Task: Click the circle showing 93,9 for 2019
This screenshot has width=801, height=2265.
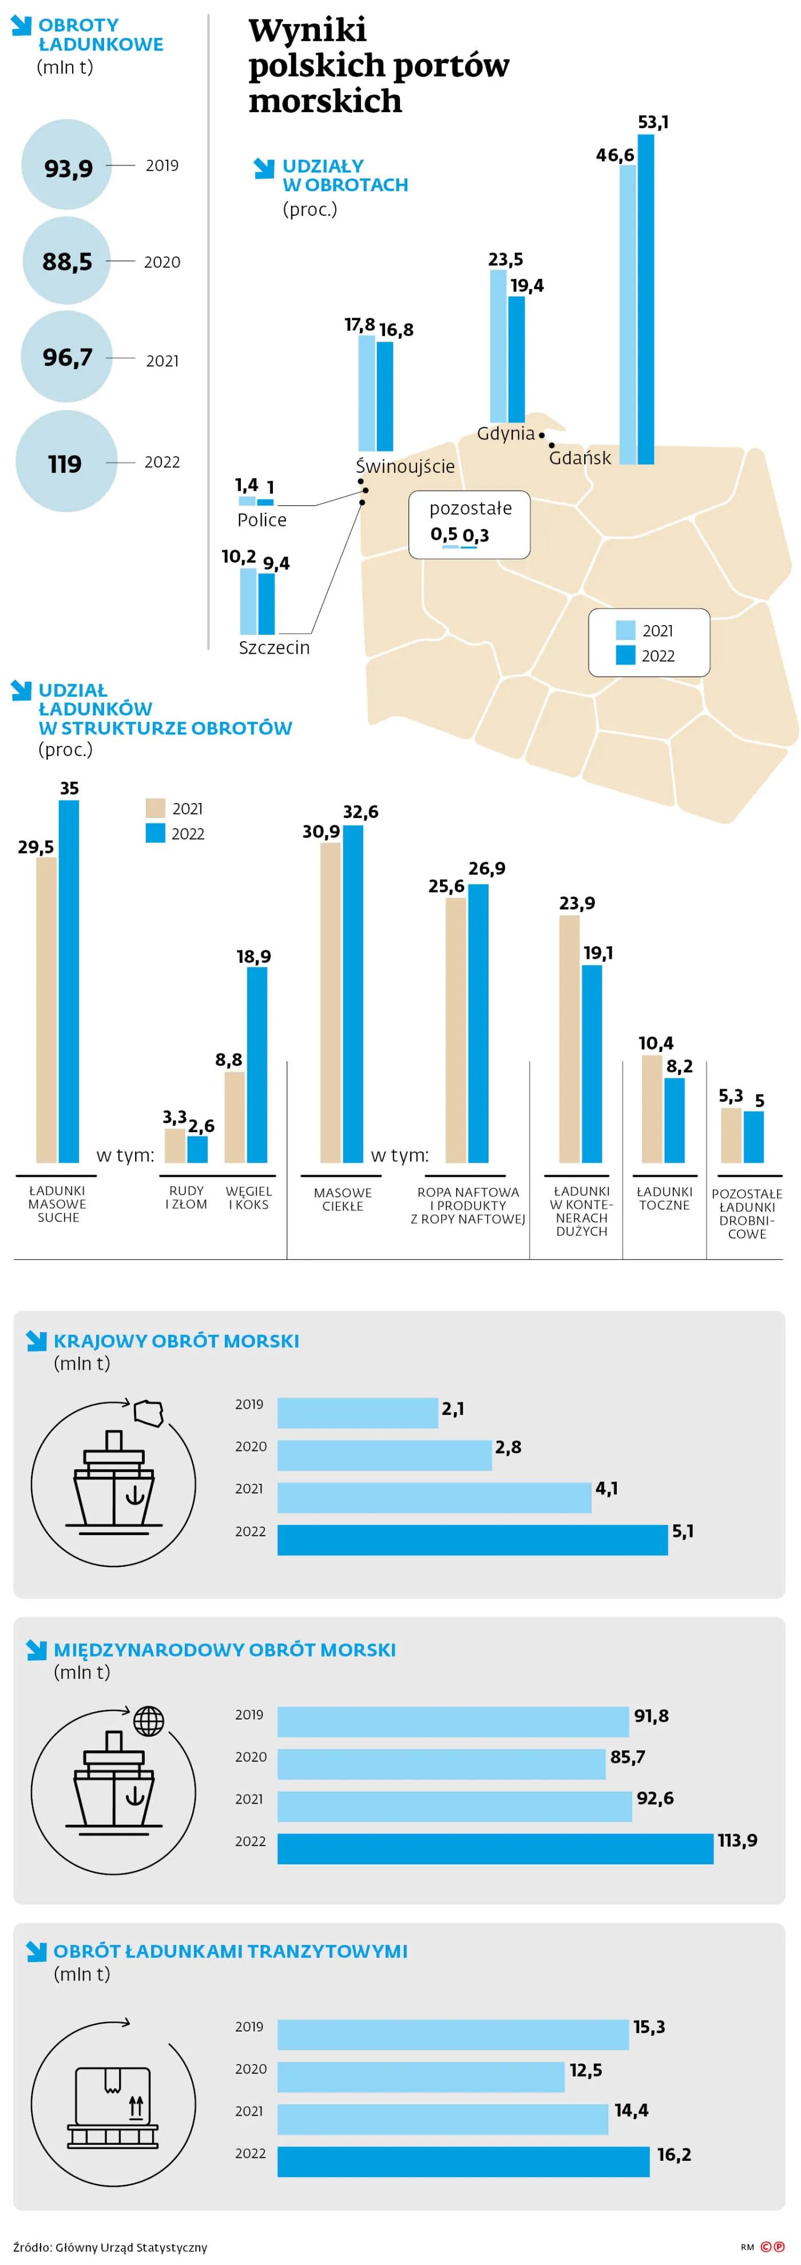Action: pyautogui.click(x=67, y=164)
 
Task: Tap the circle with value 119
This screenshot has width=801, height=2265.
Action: pyautogui.click(x=66, y=461)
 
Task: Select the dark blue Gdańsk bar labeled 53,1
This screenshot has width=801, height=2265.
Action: pyautogui.click(x=645, y=299)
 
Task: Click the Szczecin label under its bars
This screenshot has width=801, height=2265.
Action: pyautogui.click(x=273, y=648)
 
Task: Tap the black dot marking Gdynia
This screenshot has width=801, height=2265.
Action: pyautogui.click(x=542, y=435)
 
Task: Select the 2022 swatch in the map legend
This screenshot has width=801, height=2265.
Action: pyautogui.click(x=625, y=655)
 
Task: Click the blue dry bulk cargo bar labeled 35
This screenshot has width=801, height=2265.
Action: pyautogui.click(x=69, y=981)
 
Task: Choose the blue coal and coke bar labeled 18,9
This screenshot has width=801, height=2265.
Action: pyautogui.click(x=257, y=1064)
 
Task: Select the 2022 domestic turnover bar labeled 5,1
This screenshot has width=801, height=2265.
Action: pyautogui.click(x=472, y=1540)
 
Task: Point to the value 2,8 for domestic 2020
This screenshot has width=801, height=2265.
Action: pyautogui.click(x=507, y=1446)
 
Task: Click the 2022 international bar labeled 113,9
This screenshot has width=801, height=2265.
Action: pyautogui.click(x=495, y=1848)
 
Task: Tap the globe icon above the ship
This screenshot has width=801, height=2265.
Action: pyautogui.click(x=149, y=1721)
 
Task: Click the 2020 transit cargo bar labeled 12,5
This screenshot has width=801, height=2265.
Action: pyautogui.click(x=421, y=2076)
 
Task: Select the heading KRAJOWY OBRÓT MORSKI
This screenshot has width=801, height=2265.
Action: pyautogui.click(x=176, y=1341)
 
